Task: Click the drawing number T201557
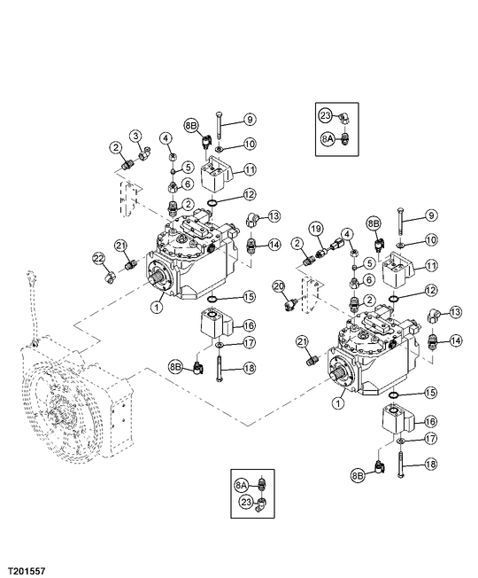tap(27, 571)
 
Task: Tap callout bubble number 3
tap(136, 136)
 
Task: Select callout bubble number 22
tap(98, 259)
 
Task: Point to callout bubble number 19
tap(315, 229)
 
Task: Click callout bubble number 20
tap(279, 286)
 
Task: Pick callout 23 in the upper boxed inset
tap(325, 115)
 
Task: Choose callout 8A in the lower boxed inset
tap(241, 486)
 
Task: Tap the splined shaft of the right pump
tap(337, 373)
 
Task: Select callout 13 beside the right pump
tap(455, 312)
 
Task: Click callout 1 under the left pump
tap(158, 307)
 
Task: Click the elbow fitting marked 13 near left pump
tap(252, 221)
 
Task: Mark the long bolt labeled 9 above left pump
tap(219, 127)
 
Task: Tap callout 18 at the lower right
tap(431, 464)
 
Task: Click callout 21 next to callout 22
tap(120, 245)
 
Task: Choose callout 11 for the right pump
tap(431, 265)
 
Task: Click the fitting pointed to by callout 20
tap(291, 303)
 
